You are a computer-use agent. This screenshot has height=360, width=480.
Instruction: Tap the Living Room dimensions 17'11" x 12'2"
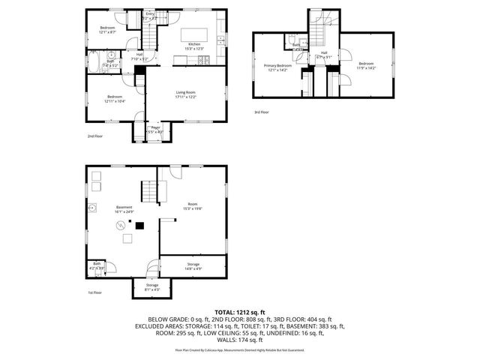click(186, 97)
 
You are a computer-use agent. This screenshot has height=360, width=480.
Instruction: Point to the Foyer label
click(156, 127)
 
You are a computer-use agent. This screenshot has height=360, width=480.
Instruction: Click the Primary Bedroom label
click(277, 66)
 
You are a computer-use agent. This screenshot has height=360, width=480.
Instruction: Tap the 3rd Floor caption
click(260, 112)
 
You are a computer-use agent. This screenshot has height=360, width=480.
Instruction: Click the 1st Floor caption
click(94, 292)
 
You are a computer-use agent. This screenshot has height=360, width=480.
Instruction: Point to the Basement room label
click(124, 207)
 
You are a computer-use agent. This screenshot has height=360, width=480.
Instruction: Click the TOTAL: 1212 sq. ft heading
click(239, 311)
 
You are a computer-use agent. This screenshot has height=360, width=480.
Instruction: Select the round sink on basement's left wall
click(91, 208)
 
